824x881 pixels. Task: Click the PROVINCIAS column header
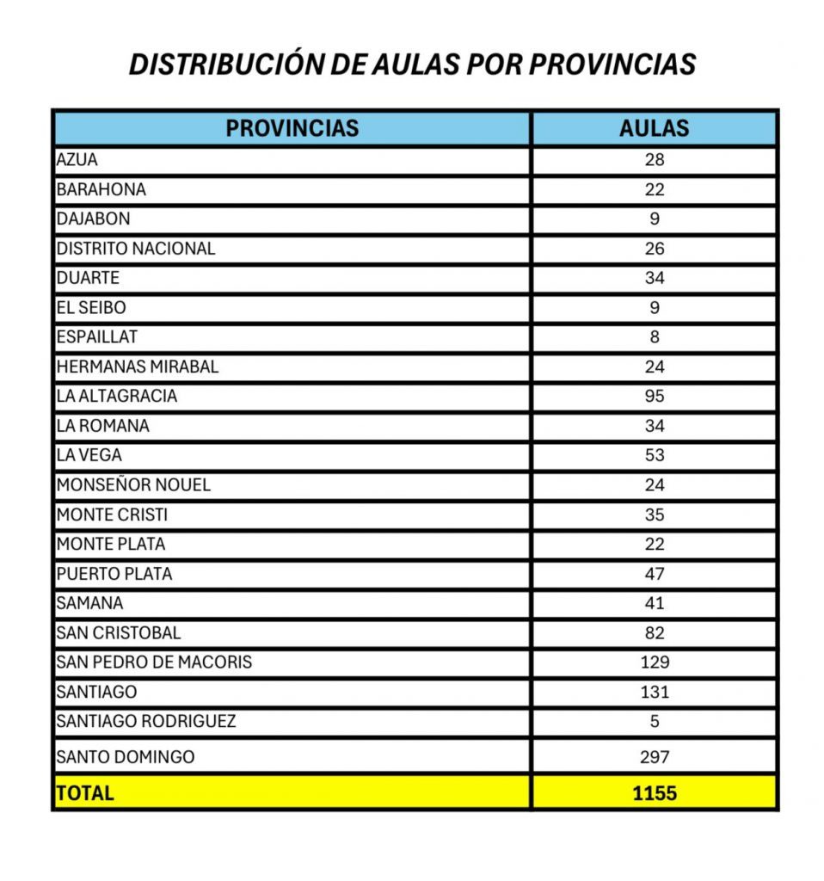(x=292, y=129)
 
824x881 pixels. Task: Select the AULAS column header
(x=654, y=129)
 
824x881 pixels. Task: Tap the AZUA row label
(x=77, y=160)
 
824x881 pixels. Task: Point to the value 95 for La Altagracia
(x=655, y=397)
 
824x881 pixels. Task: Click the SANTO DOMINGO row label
(x=126, y=757)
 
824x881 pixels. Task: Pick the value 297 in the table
(x=655, y=757)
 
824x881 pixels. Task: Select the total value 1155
(x=655, y=793)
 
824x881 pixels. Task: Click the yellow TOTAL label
(x=84, y=793)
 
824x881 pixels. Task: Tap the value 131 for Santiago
(x=655, y=692)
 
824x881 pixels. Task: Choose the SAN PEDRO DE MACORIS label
(x=154, y=662)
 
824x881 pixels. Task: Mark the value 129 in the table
(x=655, y=662)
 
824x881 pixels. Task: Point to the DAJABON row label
(x=94, y=219)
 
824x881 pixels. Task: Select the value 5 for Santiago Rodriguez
(x=655, y=721)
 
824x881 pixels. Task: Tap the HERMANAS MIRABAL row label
(x=138, y=367)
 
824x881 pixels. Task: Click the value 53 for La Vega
(x=655, y=455)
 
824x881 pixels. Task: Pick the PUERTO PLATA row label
(x=114, y=574)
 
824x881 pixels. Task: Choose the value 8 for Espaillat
(x=655, y=337)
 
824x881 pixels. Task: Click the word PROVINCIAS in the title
(x=612, y=65)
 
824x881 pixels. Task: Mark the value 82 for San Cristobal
(x=655, y=633)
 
